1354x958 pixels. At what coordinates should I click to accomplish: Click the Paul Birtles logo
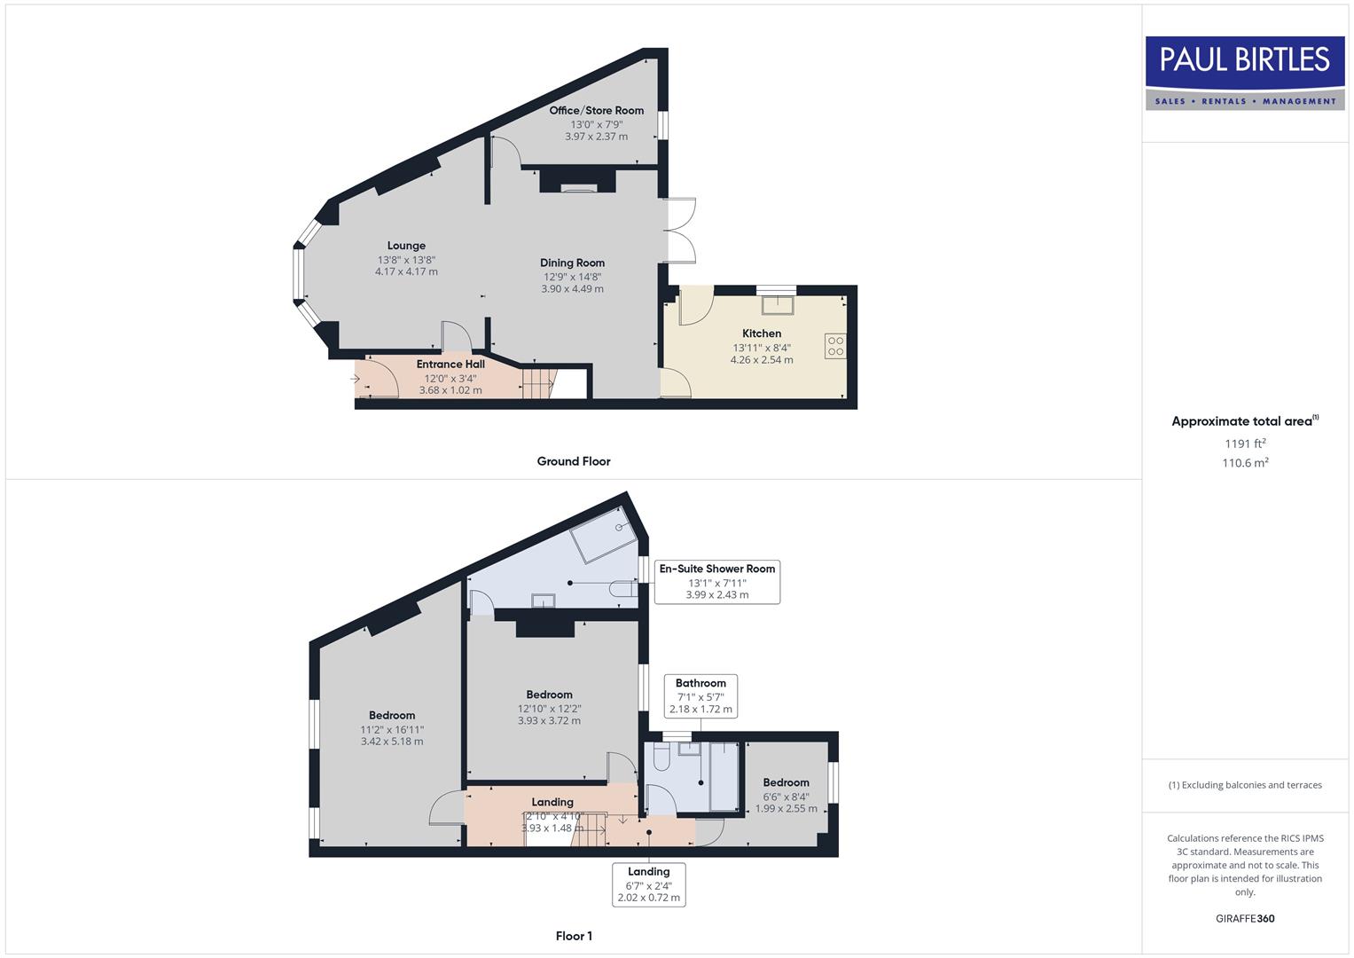1245,73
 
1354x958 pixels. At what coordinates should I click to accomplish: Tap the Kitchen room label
762,334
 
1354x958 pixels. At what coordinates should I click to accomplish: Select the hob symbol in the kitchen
835,346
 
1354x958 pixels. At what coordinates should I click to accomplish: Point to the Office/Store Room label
596,111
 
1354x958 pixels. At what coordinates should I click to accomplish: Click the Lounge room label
406,246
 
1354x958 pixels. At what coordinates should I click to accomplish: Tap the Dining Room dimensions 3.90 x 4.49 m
572,289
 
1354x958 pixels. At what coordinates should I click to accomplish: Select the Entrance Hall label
450,364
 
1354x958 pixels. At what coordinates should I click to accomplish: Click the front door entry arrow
356,380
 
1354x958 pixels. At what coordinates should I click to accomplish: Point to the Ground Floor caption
574,461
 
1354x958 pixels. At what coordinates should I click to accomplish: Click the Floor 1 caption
574,936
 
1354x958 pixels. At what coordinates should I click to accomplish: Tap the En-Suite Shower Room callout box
717,582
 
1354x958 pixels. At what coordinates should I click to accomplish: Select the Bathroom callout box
700,695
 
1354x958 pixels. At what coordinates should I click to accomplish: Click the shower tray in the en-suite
605,535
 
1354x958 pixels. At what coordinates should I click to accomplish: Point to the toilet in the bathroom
660,757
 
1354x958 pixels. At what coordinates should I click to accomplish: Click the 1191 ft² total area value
1245,444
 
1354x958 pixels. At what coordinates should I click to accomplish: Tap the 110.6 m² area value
1245,463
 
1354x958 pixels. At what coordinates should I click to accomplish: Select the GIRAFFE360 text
1245,919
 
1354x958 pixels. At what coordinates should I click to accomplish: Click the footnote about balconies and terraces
1245,785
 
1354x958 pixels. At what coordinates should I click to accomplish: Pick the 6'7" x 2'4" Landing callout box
649,884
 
